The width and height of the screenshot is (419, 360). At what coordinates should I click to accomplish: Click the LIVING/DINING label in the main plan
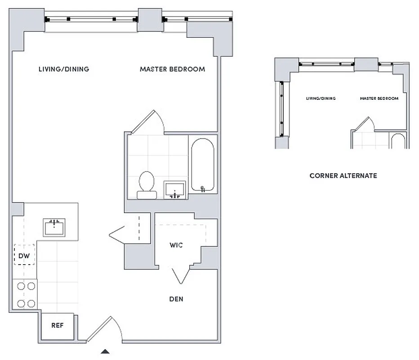63,69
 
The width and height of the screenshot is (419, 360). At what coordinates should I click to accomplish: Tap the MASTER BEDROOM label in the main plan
172,69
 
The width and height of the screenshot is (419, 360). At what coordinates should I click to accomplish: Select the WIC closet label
176,245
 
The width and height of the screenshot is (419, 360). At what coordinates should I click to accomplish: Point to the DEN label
176,299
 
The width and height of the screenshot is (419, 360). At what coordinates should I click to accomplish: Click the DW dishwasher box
24,256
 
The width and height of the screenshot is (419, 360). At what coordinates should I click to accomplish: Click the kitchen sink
54,227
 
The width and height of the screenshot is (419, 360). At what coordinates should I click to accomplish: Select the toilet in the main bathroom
147,184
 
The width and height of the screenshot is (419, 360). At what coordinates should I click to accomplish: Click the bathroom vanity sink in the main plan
174,189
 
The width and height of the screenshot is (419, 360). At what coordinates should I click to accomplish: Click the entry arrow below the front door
105,352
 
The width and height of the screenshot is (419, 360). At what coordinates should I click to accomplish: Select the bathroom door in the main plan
148,122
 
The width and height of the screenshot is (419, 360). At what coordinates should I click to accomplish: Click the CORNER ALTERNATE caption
343,175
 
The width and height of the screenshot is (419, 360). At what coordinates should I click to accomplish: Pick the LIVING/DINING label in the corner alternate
321,99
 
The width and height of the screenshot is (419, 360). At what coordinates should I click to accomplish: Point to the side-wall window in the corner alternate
281,108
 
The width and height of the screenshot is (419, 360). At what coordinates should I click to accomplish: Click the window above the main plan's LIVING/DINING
91,19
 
